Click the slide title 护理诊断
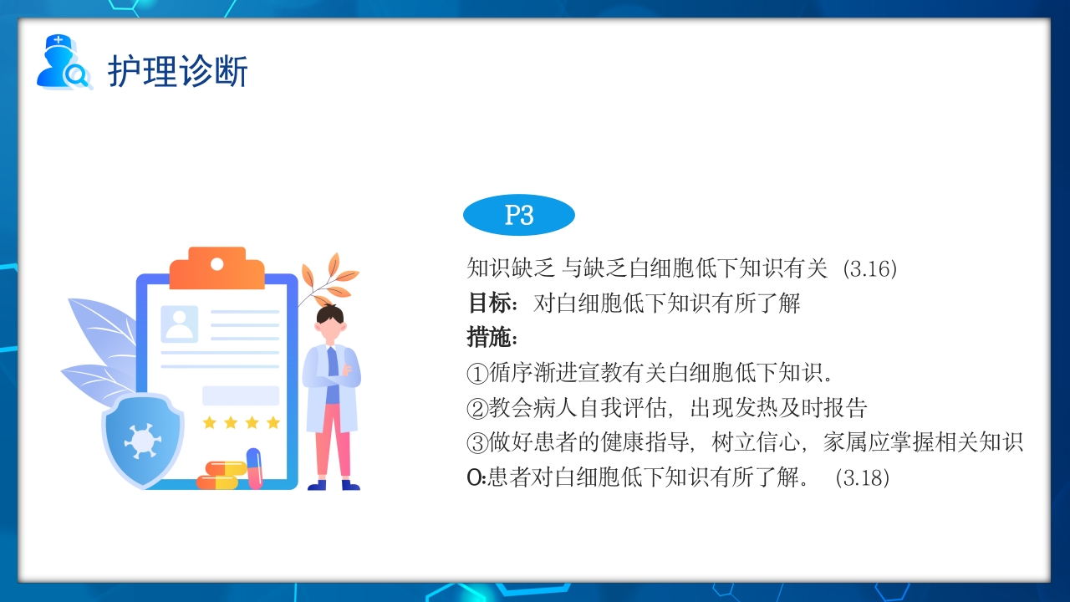tap(177, 71)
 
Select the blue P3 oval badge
tap(518, 216)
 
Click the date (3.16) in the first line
tap(869, 268)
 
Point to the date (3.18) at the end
tap(862, 478)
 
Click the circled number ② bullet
tap(476, 408)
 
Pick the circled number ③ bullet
tap(476, 443)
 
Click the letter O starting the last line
tap(473, 478)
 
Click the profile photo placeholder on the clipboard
tap(179, 324)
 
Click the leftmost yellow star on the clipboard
tap(209, 422)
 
